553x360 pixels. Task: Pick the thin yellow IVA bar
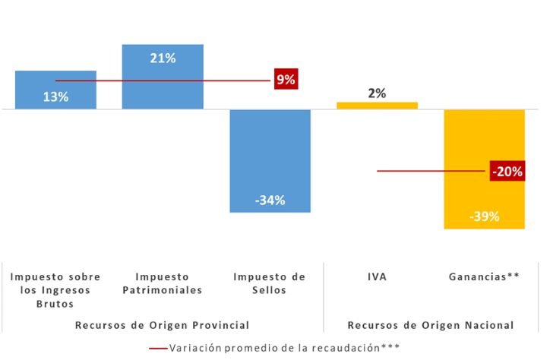(377, 106)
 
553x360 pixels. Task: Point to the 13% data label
(55, 97)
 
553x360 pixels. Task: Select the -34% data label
(270, 201)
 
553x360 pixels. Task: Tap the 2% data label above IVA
(377, 93)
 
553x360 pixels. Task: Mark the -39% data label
(485, 217)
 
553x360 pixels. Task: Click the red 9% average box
(286, 80)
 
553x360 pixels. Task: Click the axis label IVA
(377, 276)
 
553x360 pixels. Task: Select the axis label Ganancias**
(485, 276)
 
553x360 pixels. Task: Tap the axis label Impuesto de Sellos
(270, 283)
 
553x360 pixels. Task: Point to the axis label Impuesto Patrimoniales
(163, 283)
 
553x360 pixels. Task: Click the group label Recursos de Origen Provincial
(162, 325)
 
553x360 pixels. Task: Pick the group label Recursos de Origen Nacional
(431, 325)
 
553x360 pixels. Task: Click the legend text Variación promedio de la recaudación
(284, 347)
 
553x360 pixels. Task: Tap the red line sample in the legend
(159, 348)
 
